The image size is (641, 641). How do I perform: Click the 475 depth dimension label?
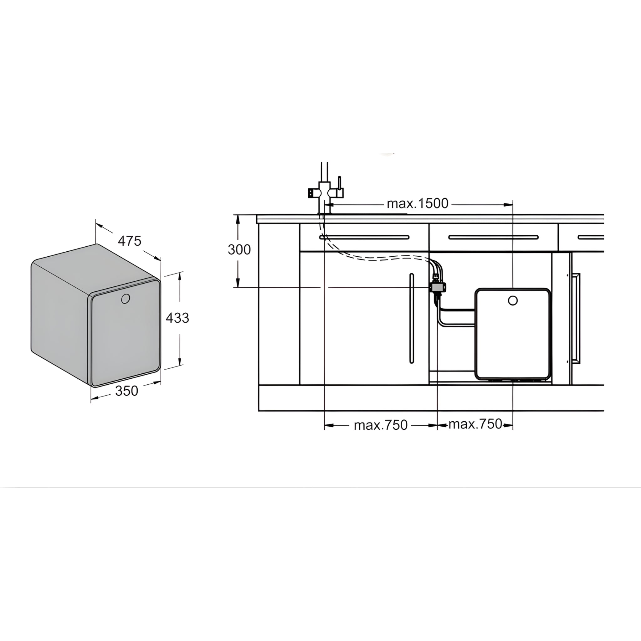(129, 241)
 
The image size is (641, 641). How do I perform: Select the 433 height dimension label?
(177, 318)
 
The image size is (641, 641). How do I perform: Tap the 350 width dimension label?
(126, 391)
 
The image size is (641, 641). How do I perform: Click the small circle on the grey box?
(126, 299)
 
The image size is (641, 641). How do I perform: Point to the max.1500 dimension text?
(418, 203)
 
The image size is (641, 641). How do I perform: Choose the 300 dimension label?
(239, 249)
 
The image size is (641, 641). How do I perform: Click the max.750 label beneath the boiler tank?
(475, 424)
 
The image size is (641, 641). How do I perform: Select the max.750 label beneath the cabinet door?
(381, 425)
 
